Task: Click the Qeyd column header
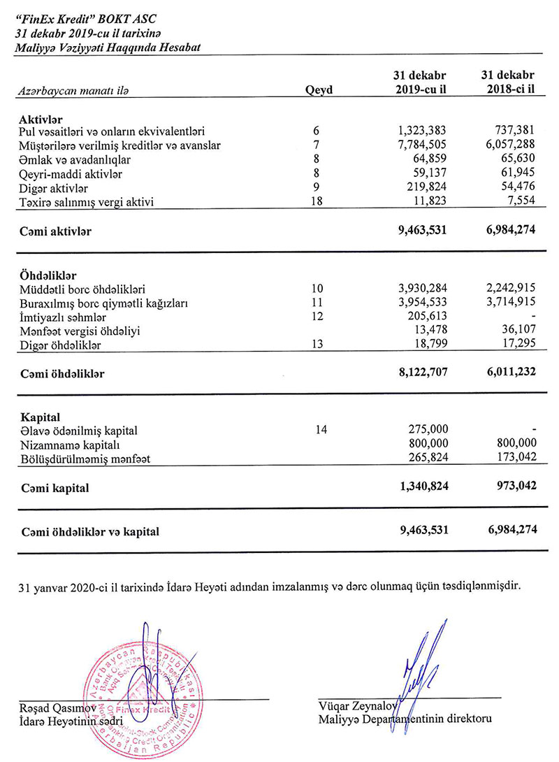coord(319,89)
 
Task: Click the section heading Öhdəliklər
coord(48,275)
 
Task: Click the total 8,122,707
coord(421,373)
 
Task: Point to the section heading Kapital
coord(40,417)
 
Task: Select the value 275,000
coord(427,429)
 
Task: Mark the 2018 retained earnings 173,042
coord(515,459)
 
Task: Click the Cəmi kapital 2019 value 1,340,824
coord(421,487)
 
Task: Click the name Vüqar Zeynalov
coord(355,705)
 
